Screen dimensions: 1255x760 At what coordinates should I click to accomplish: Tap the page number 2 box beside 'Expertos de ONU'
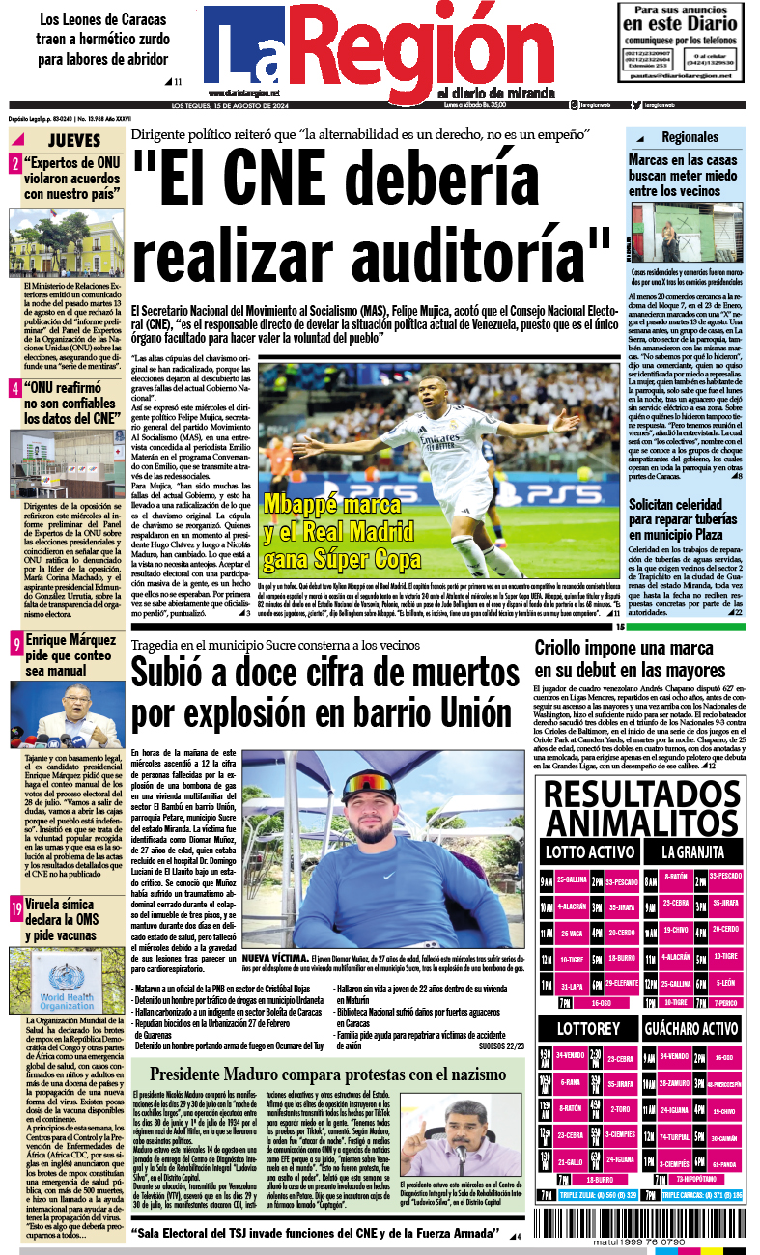[x=15, y=164]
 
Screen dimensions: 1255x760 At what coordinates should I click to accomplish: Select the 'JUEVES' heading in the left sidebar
[x=71, y=140]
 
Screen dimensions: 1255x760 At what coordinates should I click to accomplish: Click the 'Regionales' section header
[x=690, y=137]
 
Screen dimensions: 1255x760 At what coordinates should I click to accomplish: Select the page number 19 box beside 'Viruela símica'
[x=16, y=908]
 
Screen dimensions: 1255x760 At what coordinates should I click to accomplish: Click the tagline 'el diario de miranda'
[x=495, y=92]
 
